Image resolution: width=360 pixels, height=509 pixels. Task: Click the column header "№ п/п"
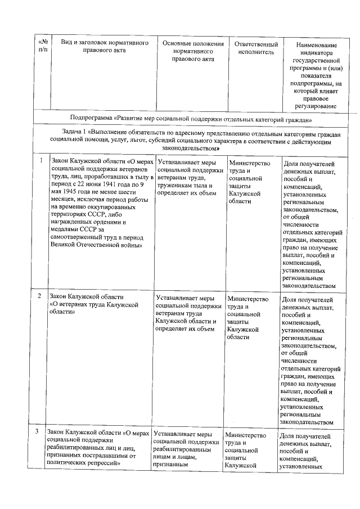click(x=43, y=47)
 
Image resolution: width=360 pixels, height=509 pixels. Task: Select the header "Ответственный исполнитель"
click(x=256, y=48)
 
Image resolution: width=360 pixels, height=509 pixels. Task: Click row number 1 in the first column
click(x=41, y=160)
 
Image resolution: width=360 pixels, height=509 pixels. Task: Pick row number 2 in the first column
click(x=39, y=295)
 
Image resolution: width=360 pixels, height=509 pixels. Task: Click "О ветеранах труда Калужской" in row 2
click(x=94, y=304)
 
